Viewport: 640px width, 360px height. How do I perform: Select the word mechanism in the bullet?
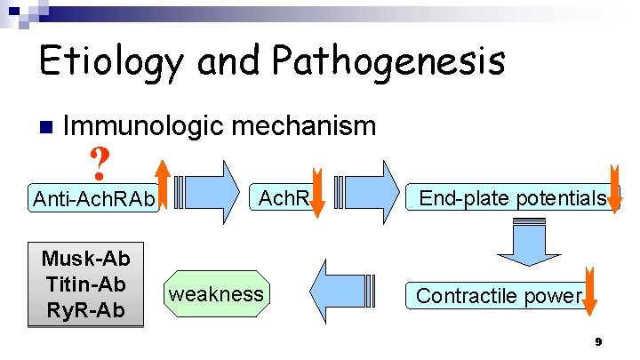coord(308,126)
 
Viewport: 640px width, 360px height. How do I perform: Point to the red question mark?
coord(100,162)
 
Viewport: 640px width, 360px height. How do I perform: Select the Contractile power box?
coord(499,295)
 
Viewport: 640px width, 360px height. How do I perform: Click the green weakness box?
coord(216,293)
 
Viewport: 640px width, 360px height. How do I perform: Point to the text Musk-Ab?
coord(85,260)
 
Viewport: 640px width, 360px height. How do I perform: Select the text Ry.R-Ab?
coord(85,309)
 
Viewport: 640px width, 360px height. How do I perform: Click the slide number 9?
coord(598,342)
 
